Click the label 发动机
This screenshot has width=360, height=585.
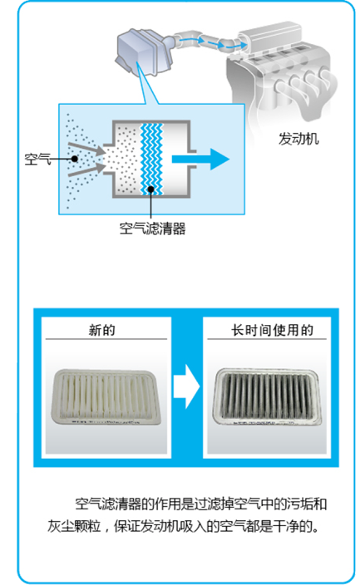[298, 139]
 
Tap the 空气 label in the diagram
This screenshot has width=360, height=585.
[37, 159]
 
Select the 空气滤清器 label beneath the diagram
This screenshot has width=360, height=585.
[152, 229]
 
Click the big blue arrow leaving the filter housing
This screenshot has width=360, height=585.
[200, 159]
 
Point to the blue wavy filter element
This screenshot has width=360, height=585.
[151, 160]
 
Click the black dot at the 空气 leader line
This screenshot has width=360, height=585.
[75, 159]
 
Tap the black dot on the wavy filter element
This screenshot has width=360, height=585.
[150, 189]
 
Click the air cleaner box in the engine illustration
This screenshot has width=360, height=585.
[144, 51]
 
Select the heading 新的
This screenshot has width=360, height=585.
[102, 330]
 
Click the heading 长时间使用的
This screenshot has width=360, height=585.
[272, 330]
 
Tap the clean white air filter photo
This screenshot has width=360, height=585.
[106, 396]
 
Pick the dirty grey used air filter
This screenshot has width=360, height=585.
[268, 396]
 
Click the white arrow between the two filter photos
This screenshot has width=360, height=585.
[186, 386]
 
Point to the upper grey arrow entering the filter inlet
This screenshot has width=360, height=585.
[86, 149]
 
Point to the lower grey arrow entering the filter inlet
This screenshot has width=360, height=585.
[86, 170]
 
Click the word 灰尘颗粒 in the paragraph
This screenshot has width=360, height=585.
[74, 526]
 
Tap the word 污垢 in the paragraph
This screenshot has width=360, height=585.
[299, 504]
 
